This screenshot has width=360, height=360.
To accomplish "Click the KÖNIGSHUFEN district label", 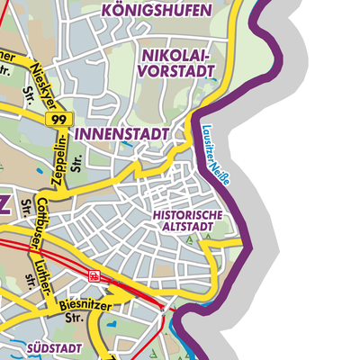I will point(156,13).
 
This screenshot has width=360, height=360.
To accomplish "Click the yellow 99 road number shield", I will point(60,120).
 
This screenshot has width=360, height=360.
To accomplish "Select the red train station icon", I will point(94,276).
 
